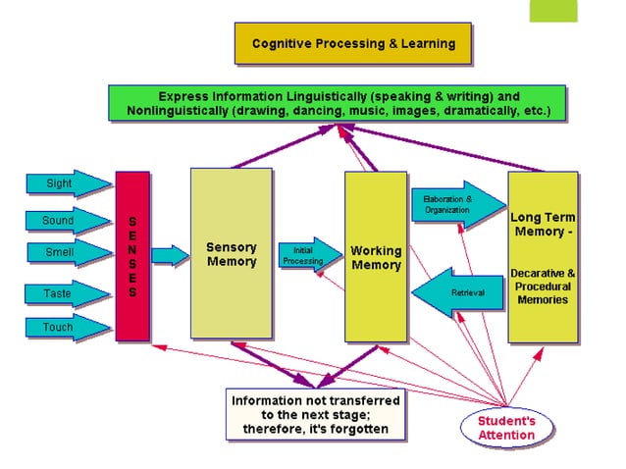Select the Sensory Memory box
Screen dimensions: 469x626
(231, 255)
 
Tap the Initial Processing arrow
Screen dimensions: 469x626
(303, 256)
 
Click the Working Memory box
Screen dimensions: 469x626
(376, 257)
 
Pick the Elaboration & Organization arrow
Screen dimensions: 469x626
(451, 205)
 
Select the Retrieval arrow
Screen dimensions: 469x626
(455, 293)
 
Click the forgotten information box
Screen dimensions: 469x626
(315, 414)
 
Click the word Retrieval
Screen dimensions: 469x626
(467, 293)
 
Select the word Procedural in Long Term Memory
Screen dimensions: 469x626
(542, 287)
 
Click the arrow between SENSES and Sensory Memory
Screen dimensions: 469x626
(170, 256)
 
